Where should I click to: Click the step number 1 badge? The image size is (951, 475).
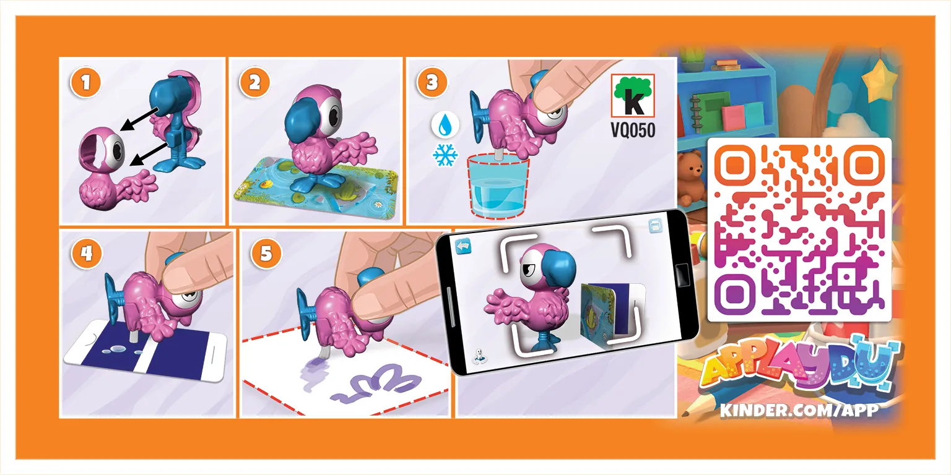(86, 82)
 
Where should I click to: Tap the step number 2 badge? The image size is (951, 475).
(254, 82)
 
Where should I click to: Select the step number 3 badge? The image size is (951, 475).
(432, 82)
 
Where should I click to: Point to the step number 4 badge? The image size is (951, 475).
(87, 253)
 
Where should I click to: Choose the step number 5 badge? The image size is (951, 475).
(266, 253)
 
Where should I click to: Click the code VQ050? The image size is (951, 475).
(633, 131)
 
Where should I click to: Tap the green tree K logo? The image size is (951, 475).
(633, 96)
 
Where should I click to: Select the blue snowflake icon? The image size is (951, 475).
(445, 155)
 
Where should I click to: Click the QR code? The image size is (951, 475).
(799, 229)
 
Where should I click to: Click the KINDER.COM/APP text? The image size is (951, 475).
(799, 410)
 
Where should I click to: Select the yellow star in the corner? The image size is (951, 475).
(880, 80)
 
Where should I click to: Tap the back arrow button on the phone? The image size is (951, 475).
(463, 246)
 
